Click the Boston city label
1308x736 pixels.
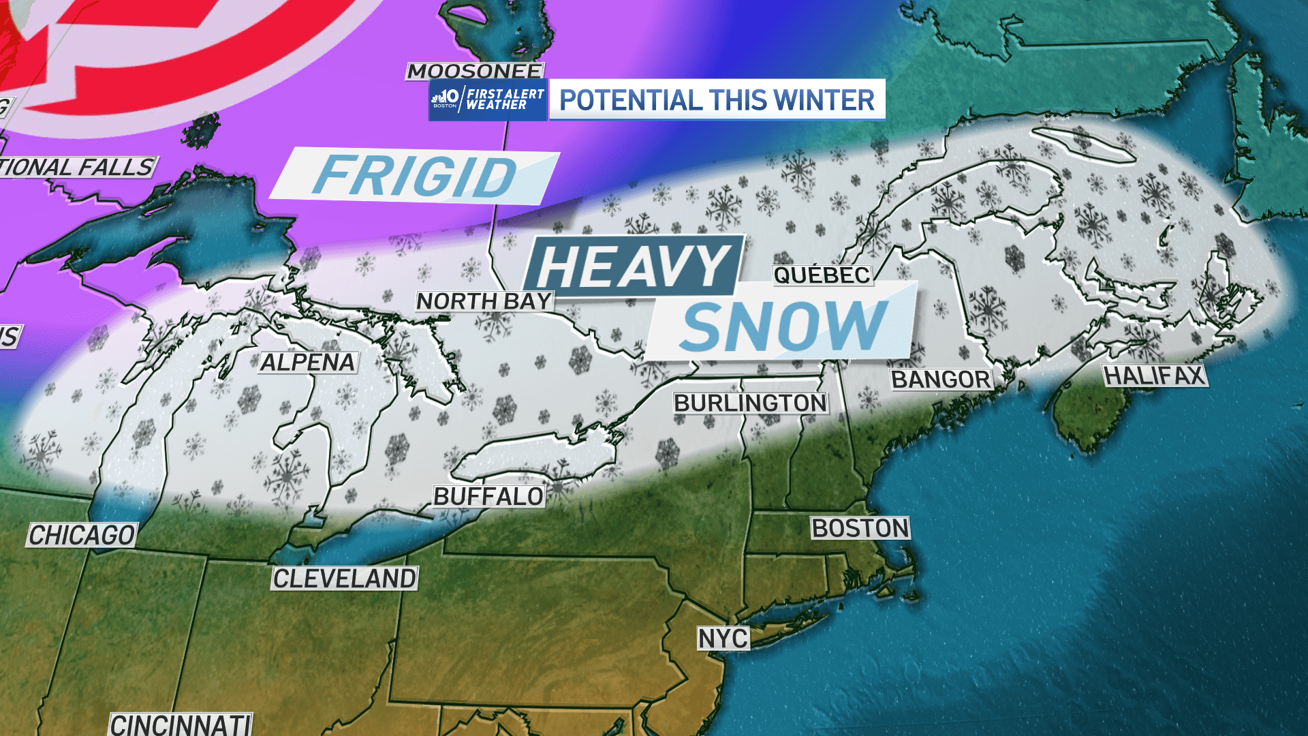pyautogui.click(x=860, y=528)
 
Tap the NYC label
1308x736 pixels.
pyautogui.click(x=723, y=639)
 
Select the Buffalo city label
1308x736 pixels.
pyautogui.click(x=488, y=496)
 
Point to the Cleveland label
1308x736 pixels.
pyautogui.click(x=344, y=579)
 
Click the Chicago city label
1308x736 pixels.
pyautogui.click(x=82, y=535)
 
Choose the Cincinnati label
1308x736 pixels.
pyautogui.click(x=181, y=724)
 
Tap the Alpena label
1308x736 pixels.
pyautogui.click(x=308, y=362)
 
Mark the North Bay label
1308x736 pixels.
pyautogui.click(x=484, y=301)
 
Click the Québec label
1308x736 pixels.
pyautogui.click(x=822, y=275)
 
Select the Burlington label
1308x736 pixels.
pyautogui.click(x=750, y=403)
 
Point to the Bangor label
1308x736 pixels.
pyautogui.click(x=941, y=379)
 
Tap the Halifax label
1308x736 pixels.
pyautogui.click(x=1155, y=375)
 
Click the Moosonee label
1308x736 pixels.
pyautogui.click(x=475, y=71)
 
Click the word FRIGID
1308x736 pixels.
pyautogui.click(x=415, y=176)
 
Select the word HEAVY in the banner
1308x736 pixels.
pyautogui.click(x=633, y=266)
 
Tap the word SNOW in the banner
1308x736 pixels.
pyautogui.click(x=783, y=326)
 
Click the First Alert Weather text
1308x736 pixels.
pyautogui.click(x=505, y=99)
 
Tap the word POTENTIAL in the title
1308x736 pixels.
pyautogui.click(x=630, y=100)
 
